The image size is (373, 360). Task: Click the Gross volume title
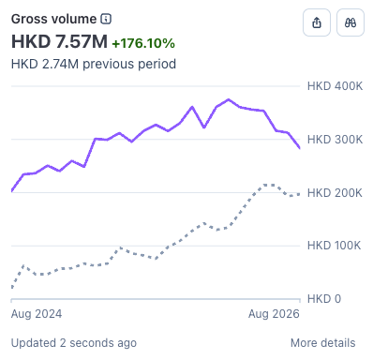[53, 19]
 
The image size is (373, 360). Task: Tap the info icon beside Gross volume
[106, 19]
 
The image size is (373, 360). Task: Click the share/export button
[317, 22]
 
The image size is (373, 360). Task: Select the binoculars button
[351, 22]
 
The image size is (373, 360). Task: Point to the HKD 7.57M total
[59, 41]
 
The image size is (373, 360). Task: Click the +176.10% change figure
[143, 43]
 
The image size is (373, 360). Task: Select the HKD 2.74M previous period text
[94, 64]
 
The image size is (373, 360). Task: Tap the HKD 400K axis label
[335, 86]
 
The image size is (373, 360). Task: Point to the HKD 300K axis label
[335, 140]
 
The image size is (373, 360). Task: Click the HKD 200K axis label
[335, 193]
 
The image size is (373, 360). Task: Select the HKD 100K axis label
[334, 246]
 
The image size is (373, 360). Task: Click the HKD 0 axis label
[324, 299]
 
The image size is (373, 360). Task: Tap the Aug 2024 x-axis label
[37, 314]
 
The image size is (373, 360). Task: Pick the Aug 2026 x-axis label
[274, 314]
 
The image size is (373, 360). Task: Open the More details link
[323, 343]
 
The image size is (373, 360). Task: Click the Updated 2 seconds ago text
[74, 343]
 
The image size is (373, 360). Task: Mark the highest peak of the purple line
[229, 100]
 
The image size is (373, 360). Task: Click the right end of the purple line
[300, 148]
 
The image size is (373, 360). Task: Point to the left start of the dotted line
[12, 287]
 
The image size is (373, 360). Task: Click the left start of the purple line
[12, 190]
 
